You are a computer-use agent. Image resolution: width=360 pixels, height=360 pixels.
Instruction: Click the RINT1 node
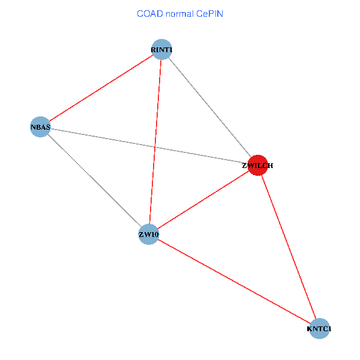point(161,50)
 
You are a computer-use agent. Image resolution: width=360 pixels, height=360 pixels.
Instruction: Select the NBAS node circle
point(40,127)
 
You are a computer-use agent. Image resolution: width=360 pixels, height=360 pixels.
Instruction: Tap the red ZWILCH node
point(258,166)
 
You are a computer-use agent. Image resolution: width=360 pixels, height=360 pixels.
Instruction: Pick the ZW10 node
point(149,235)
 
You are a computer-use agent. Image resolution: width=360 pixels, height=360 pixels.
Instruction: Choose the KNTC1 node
point(319,329)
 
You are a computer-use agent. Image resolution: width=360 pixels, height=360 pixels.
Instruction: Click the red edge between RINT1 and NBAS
point(101,88)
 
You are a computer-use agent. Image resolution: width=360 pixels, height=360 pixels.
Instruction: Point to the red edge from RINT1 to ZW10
point(155,142)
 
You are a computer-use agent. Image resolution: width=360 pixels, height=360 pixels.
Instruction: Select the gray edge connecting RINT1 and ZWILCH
point(209,107)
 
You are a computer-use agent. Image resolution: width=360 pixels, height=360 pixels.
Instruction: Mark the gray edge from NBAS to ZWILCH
point(149,146)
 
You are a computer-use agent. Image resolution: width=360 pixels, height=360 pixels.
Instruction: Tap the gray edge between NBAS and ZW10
point(94,181)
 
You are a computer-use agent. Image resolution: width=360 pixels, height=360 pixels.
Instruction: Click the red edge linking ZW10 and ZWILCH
point(203,200)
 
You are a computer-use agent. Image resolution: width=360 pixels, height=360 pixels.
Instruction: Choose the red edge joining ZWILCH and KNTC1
point(289,247)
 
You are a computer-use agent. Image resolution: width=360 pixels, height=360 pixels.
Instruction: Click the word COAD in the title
point(150,14)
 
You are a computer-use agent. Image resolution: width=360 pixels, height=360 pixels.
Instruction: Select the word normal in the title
point(180,14)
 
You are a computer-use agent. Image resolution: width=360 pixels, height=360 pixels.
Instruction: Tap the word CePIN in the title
point(209,14)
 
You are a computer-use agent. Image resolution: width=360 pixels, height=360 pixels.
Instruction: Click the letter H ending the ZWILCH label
point(270,166)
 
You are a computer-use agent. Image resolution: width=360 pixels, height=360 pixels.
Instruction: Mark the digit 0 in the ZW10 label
point(156,235)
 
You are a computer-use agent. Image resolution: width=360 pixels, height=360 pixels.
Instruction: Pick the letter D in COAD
point(160,14)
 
